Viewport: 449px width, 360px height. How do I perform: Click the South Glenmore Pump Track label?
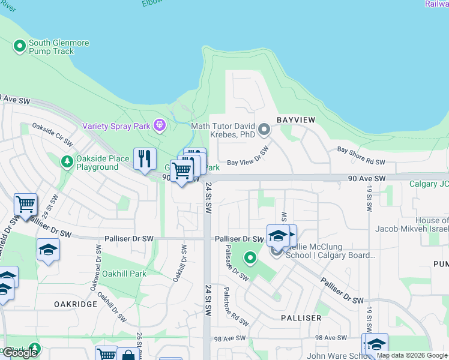(52, 47)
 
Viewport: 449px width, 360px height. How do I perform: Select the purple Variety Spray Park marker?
(159, 125)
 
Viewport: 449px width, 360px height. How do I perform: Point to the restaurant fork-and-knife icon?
(145, 159)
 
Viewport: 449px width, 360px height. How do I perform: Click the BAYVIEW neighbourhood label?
(296, 121)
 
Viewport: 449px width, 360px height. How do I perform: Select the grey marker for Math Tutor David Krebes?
(264, 129)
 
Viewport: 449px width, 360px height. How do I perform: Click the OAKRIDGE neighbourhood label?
(76, 304)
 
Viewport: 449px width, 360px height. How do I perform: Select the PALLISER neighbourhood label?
(300, 317)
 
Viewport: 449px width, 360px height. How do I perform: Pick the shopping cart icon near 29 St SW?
(25, 205)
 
